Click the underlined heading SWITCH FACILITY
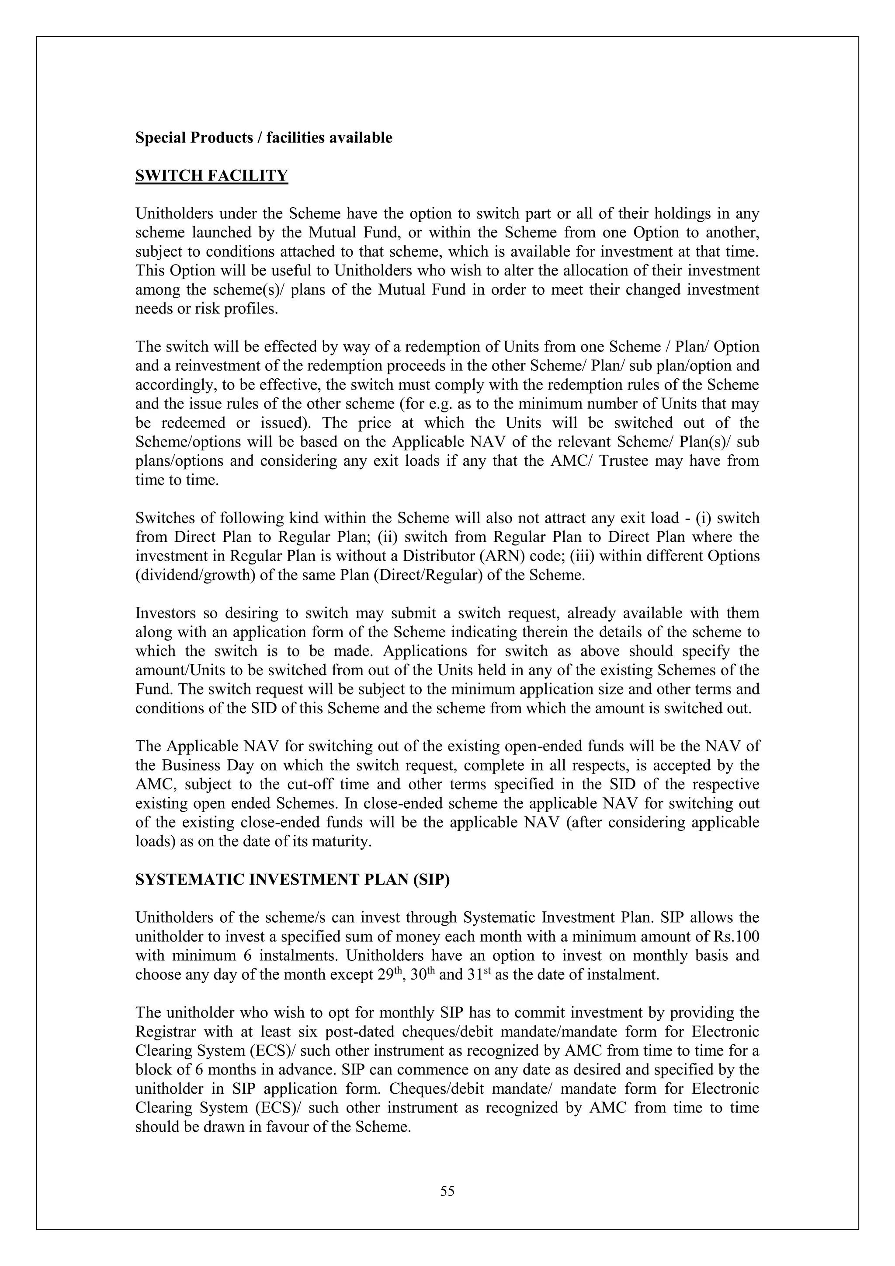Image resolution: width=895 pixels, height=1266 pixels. (x=212, y=176)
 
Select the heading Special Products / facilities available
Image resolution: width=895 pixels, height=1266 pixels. (x=264, y=138)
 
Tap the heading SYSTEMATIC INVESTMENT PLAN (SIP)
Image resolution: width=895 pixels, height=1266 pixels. (x=292, y=880)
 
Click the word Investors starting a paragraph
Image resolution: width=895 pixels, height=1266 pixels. (x=164, y=613)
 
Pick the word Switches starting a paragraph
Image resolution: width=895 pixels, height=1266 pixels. (x=164, y=518)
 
